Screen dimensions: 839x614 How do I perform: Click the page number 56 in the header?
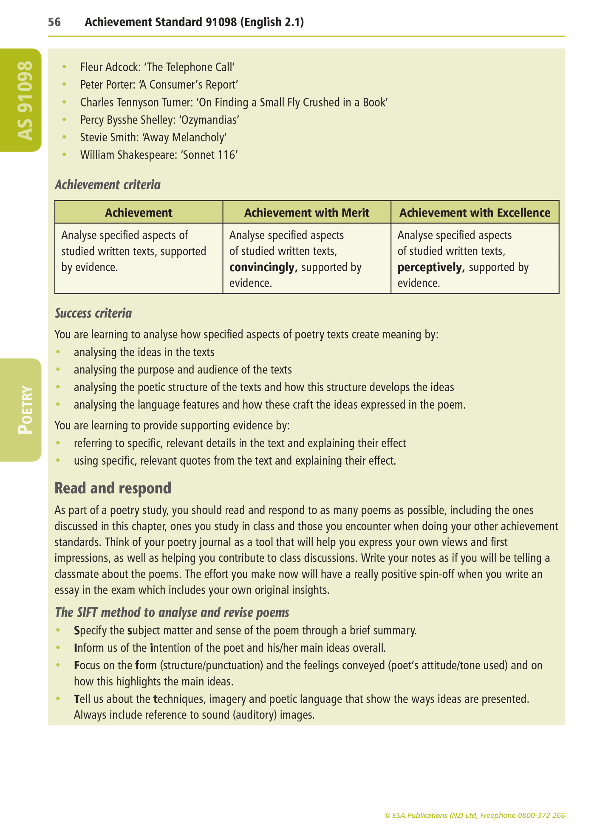(x=54, y=22)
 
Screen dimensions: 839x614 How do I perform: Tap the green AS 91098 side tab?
(x=24, y=101)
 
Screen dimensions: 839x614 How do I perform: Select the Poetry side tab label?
(x=24, y=410)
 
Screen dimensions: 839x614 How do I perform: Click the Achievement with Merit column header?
(x=306, y=213)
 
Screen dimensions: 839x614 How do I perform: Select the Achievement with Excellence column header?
(x=475, y=213)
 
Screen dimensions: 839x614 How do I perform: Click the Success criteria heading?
(x=93, y=313)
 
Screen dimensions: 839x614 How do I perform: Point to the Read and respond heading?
(x=113, y=488)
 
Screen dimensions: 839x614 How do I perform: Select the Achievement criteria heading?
(x=108, y=185)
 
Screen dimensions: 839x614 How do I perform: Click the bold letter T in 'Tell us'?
(x=77, y=699)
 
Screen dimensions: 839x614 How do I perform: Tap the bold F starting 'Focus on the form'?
(x=76, y=665)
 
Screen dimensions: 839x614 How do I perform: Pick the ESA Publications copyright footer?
(x=474, y=815)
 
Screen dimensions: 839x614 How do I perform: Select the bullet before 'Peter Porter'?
(x=65, y=85)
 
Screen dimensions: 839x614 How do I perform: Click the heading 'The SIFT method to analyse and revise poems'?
(x=172, y=612)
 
